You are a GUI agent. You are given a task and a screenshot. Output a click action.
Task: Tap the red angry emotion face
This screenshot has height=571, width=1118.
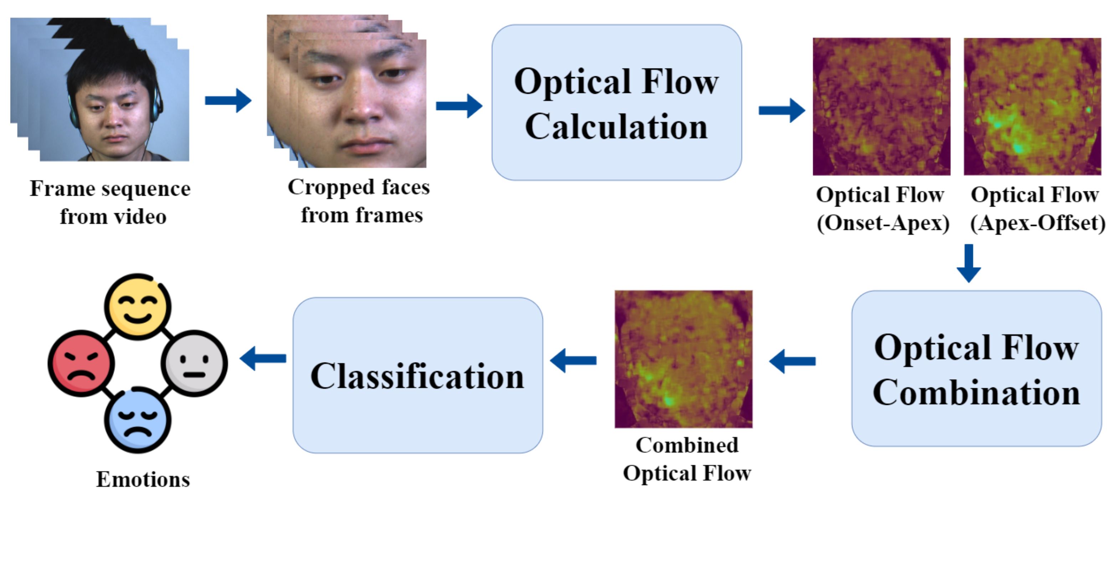[81, 363]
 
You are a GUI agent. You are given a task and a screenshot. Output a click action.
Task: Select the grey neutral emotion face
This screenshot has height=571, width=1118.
[194, 363]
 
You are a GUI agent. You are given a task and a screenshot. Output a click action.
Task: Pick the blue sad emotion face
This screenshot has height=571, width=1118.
[138, 420]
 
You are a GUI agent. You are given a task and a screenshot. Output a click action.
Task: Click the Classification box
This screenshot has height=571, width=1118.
[417, 375]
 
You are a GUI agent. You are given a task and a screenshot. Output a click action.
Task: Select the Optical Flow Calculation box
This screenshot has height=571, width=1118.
[616, 102]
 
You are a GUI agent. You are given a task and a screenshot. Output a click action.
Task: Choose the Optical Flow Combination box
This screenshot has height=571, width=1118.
[976, 369]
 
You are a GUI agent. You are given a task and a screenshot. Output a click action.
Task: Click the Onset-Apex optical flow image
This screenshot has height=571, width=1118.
[882, 106]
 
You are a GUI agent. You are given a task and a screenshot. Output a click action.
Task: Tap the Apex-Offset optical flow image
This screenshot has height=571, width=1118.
[1032, 106]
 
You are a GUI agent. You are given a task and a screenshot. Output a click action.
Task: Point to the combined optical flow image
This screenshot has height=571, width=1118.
[683, 359]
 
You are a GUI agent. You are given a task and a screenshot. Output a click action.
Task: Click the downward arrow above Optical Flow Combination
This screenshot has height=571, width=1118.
[969, 263]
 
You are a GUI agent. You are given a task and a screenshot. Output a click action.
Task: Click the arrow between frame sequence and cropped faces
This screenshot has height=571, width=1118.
[228, 101]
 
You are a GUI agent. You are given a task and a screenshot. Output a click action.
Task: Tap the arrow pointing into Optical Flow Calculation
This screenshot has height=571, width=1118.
[459, 106]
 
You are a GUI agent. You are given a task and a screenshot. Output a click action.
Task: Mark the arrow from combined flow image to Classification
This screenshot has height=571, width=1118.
[573, 360]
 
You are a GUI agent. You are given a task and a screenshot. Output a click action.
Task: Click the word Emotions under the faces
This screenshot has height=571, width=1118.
[143, 479]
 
